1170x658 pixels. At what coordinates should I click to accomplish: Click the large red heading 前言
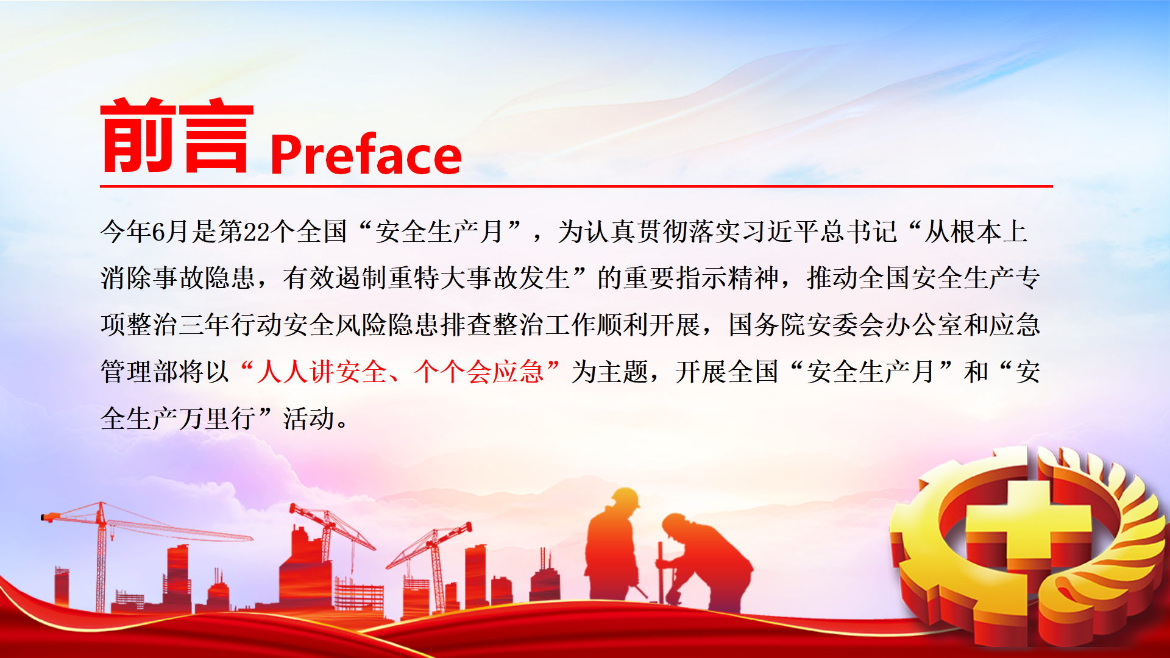point(177,135)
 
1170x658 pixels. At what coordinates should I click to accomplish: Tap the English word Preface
point(366,155)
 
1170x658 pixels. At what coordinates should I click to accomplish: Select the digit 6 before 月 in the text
point(158,232)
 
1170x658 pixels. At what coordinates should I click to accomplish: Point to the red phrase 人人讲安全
point(321,372)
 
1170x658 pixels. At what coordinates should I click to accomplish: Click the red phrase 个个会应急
point(478,372)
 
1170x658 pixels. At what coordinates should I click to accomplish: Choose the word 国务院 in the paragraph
point(767,325)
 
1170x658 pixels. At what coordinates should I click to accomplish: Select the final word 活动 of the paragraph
point(309,419)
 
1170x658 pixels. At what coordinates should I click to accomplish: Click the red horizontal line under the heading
point(576,186)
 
